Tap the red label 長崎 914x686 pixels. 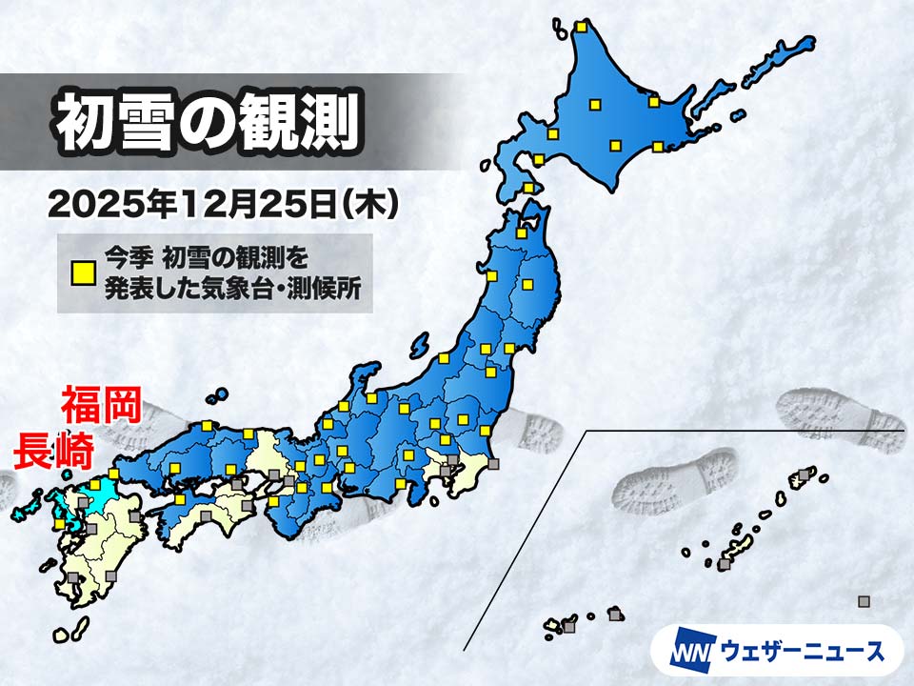(52, 450)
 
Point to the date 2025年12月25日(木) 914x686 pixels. (222, 203)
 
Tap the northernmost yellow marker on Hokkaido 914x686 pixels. (580, 27)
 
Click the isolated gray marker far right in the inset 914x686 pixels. (864, 601)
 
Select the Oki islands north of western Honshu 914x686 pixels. (219, 393)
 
